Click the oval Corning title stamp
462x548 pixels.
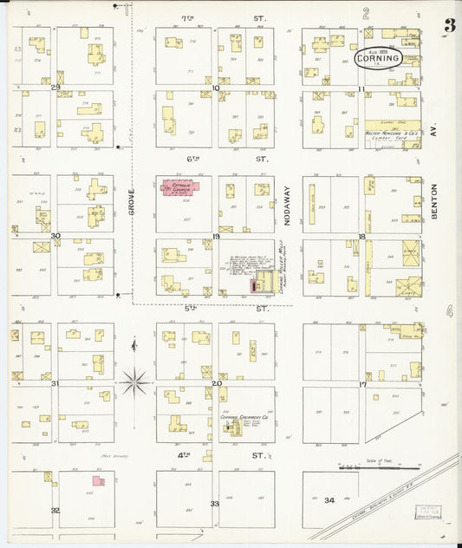(379, 58)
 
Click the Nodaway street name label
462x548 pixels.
(288, 209)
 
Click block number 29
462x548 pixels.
(55, 88)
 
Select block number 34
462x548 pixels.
(329, 500)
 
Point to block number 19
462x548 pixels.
(216, 236)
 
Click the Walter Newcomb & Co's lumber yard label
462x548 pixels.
(392, 133)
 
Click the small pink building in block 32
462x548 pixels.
(99, 479)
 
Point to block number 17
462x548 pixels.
(363, 383)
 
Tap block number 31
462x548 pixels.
(55, 382)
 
